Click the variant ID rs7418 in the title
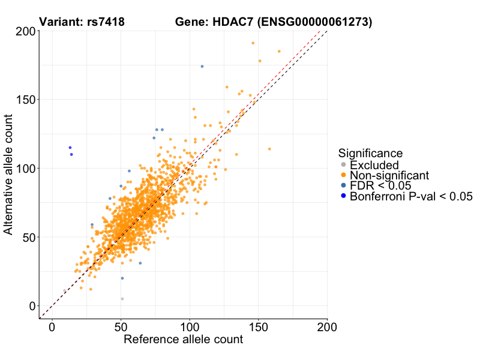(103, 22)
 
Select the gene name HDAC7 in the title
(231, 22)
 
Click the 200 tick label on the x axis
(327, 327)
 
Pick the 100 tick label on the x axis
(190, 327)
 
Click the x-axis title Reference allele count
(183, 340)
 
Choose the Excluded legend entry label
(374, 165)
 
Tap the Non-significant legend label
(389, 175)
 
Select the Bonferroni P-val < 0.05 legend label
(412, 196)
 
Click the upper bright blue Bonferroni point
(70, 148)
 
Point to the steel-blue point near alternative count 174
(202, 67)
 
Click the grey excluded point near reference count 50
(122, 299)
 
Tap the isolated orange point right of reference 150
(269, 149)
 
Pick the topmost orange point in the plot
(253, 43)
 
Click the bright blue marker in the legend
(343, 196)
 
